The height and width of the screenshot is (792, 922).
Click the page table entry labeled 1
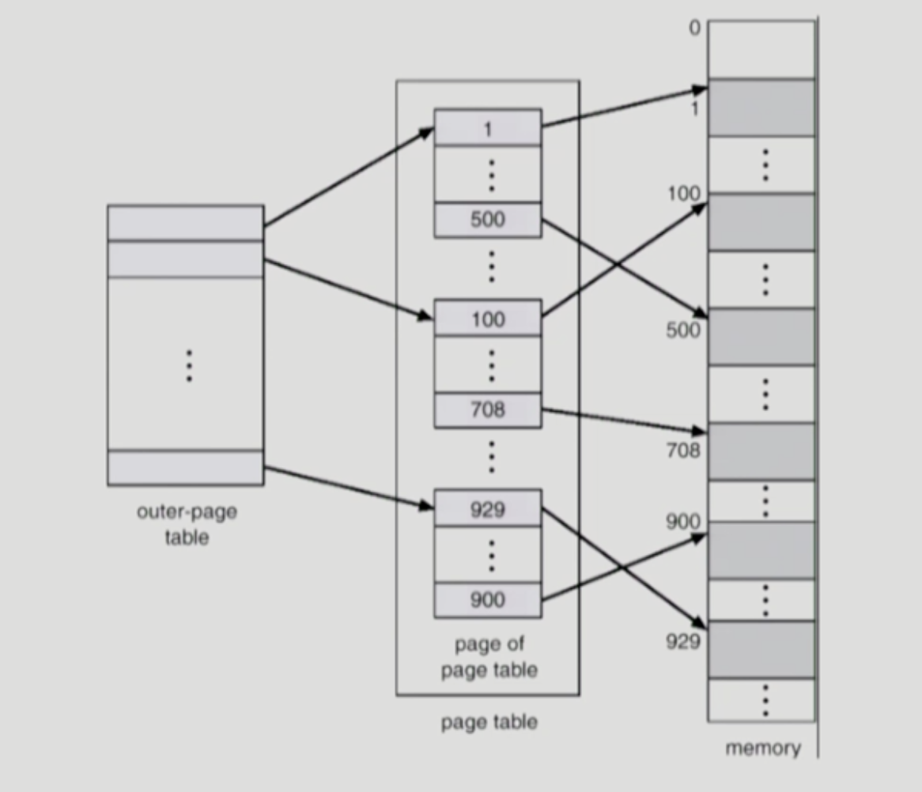[488, 127]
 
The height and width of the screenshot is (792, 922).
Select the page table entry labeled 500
[488, 220]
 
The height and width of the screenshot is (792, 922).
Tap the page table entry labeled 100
[488, 319]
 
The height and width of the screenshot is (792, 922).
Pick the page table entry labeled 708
[488, 410]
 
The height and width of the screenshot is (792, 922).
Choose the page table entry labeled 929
[488, 510]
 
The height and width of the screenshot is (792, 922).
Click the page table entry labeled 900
[488, 600]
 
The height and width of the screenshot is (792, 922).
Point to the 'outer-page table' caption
[187, 524]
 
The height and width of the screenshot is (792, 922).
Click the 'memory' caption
[762, 748]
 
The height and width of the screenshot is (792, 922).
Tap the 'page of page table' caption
[489, 657]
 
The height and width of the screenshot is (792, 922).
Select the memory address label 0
[694, 28]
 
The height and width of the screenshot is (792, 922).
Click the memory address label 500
[682, 330]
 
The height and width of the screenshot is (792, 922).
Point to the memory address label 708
[682, 451]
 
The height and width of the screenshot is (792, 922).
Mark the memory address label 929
[682, 641]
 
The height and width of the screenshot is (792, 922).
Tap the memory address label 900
[682, 522]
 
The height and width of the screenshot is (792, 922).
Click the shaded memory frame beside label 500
[761, 337]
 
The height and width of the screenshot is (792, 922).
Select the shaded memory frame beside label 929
[761, 649]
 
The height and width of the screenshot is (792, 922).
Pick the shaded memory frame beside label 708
[761, 451]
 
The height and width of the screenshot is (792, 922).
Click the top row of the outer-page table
[186, 223]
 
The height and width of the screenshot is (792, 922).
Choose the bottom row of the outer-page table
[186, 467]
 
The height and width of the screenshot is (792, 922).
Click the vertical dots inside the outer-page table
[188, 365]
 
